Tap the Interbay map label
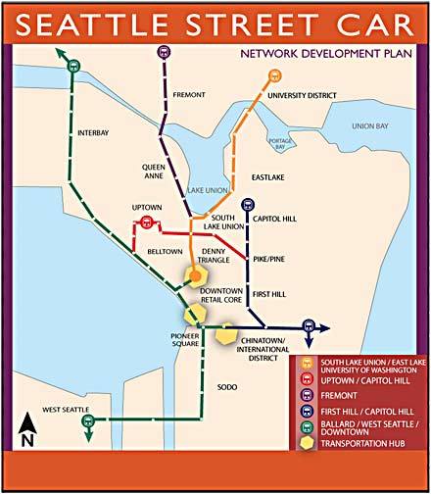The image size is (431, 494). coord(96,133)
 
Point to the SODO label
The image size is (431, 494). coord(228,386)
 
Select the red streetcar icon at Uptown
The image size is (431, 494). coord(148,222)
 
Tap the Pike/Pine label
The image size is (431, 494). coord(268,260)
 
